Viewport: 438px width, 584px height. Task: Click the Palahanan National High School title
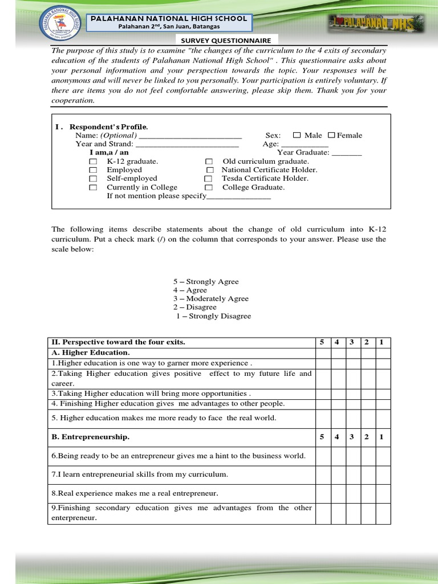[169, 18]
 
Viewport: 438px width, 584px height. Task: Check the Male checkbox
[297, 135]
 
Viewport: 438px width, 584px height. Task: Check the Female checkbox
[331, 135]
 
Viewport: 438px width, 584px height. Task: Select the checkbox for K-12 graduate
[93, 162]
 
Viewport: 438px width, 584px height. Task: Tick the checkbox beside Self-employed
[93, 179]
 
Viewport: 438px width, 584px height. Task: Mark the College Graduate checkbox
[209, 188]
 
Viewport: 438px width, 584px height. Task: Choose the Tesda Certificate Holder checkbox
[208, 179]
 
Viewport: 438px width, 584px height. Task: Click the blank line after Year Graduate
[347, 153]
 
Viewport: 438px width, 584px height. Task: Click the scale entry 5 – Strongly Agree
[206, 282]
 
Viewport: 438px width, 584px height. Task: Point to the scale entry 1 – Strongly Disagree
[213, 316]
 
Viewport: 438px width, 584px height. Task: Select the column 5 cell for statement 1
[322, 363]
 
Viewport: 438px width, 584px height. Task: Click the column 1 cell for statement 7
[383, 474]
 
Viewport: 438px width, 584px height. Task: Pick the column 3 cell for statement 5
[352, 418]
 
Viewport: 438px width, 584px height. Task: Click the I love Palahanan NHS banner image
[377, 23]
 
